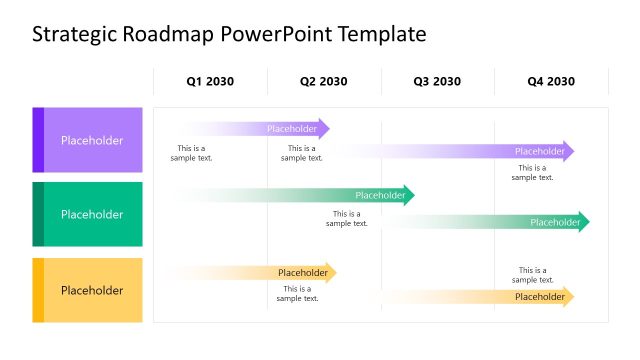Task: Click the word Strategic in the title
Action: click(x=75, y=35)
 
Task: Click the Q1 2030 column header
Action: click(x=210, y=82)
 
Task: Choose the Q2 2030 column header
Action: click(x=324, y=82)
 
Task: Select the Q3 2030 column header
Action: click(x=438, y=82)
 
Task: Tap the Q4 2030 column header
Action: click(x=551, y=82)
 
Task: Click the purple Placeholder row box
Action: click(x=92, y=140)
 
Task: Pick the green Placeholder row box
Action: click(x=92, y=214)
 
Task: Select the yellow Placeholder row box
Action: click(x=92, y=290)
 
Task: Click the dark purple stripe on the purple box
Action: click(x=38, y=140)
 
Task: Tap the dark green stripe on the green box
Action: click(x=38, y=214)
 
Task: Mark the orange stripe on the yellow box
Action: click(x=38, y=290)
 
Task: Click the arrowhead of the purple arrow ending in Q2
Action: click(x=324, y=128)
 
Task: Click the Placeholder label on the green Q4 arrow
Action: click(x=554, y=222)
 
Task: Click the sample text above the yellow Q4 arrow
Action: click(x=532, y=275)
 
